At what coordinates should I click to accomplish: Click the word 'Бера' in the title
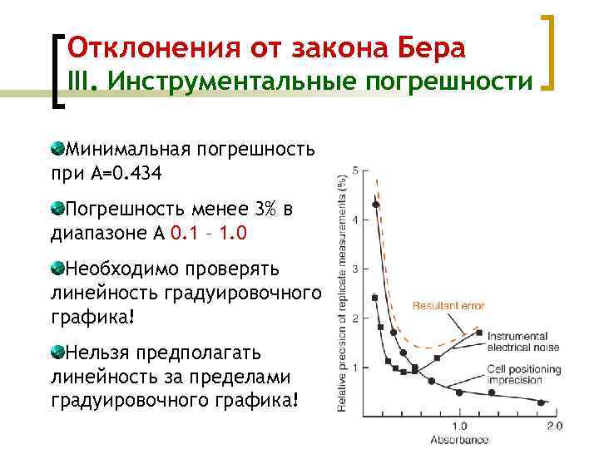(429, 47)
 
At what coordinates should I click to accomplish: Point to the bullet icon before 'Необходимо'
(57, 269)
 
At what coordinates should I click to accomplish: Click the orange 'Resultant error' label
(448, 306)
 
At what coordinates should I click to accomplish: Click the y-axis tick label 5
(356, 170)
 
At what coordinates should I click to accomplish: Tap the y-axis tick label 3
(356, 269)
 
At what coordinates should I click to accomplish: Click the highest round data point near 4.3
(376, 205)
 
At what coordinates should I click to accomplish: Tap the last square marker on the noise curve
(480, 333)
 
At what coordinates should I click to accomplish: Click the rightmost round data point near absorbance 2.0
(542, 402)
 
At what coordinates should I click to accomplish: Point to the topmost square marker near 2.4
(375, 298)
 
